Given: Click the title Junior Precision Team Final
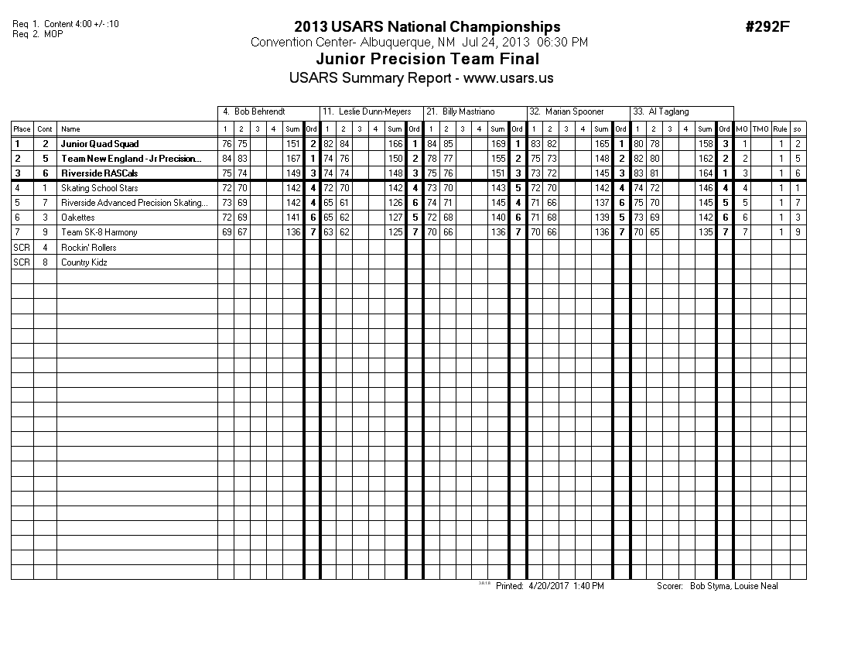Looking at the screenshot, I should click(x=428, y=60).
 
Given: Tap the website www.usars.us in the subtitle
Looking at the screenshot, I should click(x=508, y=78).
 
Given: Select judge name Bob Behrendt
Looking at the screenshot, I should click(x=259, y=112).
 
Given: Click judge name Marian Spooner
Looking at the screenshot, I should click(x=574, y=112).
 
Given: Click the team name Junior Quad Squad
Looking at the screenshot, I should click(x=100, y=144).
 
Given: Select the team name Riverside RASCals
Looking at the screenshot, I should click(x=100, y=173).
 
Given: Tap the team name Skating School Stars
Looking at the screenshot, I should click(x=99, y=188).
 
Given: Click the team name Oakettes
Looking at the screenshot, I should click(x=78, y=218).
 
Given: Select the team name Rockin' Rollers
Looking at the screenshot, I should click(x=89, y=248).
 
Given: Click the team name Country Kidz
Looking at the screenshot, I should click(x=84, y=262).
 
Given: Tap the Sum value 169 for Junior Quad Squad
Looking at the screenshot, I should click(x=498, y=144).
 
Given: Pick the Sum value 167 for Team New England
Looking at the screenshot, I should click(x=293, y=159).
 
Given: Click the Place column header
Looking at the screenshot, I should click(x=22, y=129).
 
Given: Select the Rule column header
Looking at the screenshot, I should click(x=781, y=129).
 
